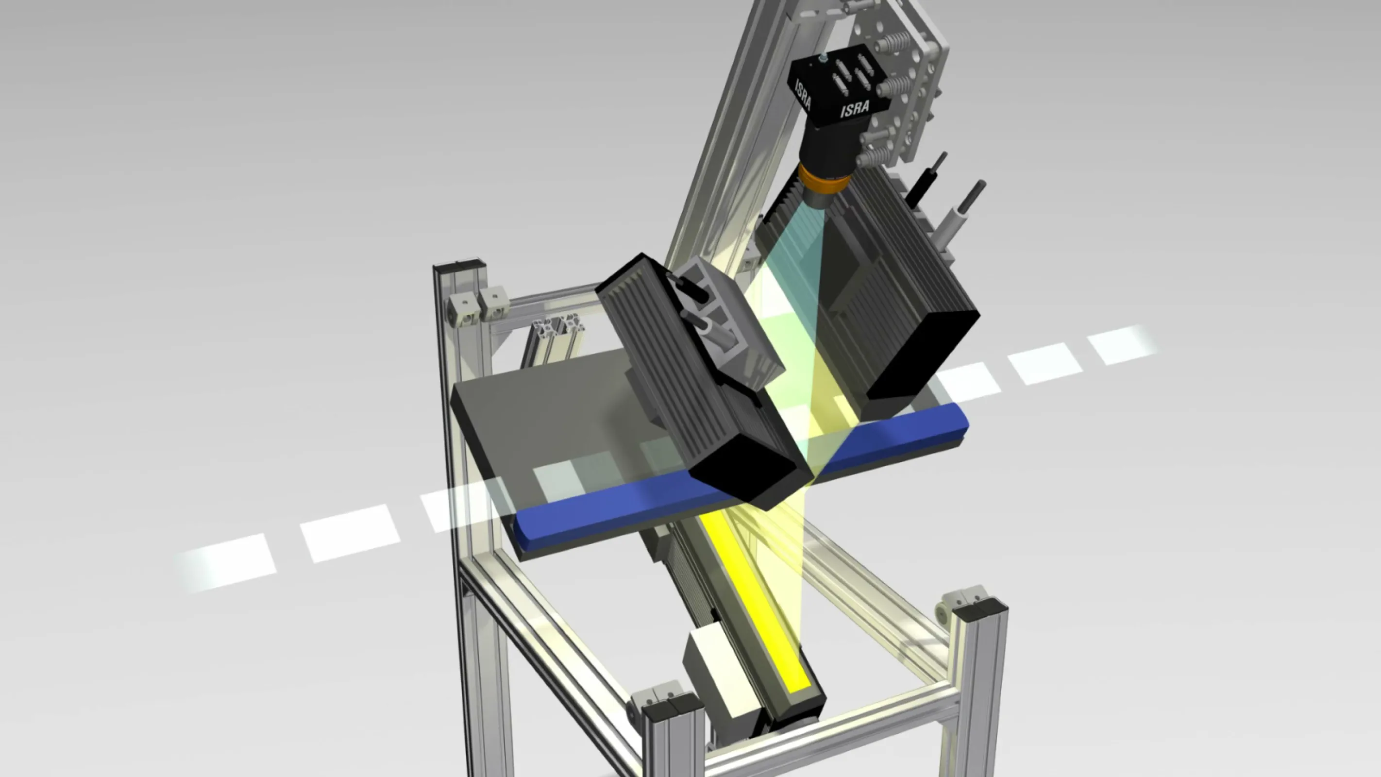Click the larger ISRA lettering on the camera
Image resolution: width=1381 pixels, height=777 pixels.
[855, 109]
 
